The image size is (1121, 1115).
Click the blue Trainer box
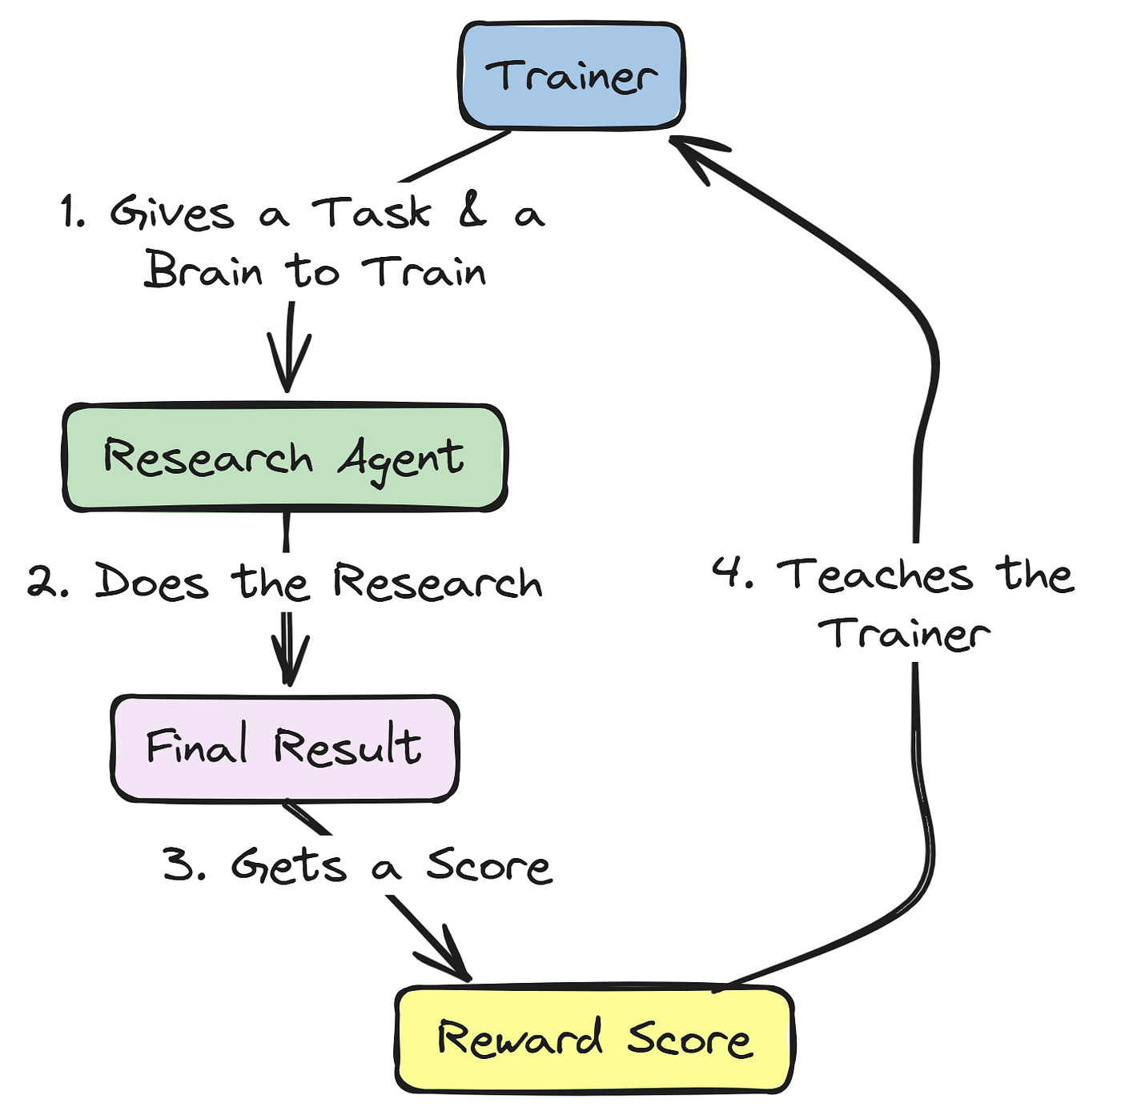[x=571, y=75]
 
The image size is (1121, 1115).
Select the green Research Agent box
[x=284, y=458]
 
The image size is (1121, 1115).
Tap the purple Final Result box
[x=284, y=748]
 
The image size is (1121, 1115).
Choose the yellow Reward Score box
[x=593, y=1039]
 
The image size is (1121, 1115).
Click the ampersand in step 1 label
[x=473, y=211]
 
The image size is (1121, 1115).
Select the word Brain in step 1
[x=203, y=270]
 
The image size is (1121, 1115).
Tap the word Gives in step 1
[x=172, y=213]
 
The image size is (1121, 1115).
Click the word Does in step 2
[x=151, y=582]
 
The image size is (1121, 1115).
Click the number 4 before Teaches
[x=729, y=573]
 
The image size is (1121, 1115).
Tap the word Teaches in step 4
[x=875, y=576]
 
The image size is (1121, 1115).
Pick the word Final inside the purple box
[x=196, y=746]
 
